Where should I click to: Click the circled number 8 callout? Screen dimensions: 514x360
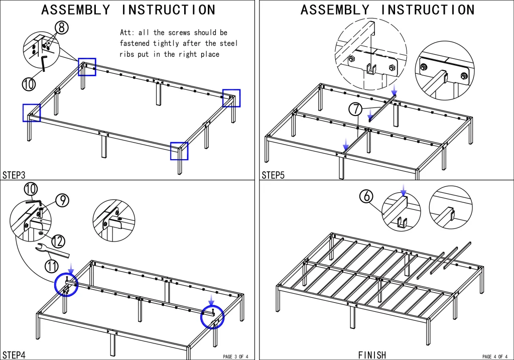pyautogui.click(x=61, y=28)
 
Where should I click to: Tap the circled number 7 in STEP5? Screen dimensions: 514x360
pyautogui.click(x=355, y=109)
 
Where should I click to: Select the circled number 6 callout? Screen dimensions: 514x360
pyautogui.click(x=366, y=196)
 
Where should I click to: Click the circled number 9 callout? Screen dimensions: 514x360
pyautogui.click(x=62, y=200)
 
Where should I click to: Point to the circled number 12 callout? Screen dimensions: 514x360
pyautogui.click(x=58, y=242)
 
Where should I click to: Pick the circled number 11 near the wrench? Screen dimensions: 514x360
pyautogui.click(x=52, y=266)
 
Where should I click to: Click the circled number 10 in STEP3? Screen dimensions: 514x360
pyautogui.click(x=29, y=84)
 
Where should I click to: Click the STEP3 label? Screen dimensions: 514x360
pyautogui.click(x=14, y=175)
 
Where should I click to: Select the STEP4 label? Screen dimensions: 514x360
pyautogui.click(x=14, y=355)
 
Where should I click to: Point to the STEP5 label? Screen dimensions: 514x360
pyautogui.click(x=273, y=175)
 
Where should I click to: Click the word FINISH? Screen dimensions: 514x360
pyautogui.click(x=372, y=355)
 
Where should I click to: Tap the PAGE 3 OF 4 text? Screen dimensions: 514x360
pyautogui.click(x=236, y=356)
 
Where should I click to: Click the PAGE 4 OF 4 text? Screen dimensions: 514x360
pyautogui.click(x=495, y=356)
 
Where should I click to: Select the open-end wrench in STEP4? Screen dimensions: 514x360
pyautogui.click(x=52, y=251)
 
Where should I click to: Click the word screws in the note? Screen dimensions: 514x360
pyautogui.click(x=179, y=33)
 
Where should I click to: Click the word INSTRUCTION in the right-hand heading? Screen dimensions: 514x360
pyautogui.click(x=428, y=10)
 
